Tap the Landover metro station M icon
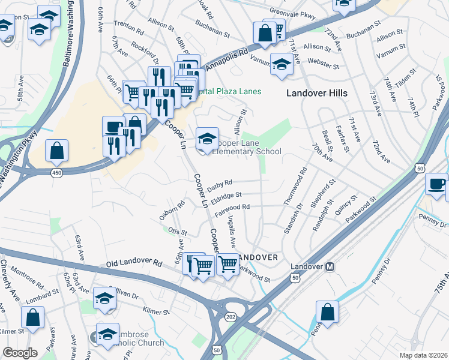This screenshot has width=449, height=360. [x=329, y=266]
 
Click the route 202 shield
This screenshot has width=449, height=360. [x=232, y=316]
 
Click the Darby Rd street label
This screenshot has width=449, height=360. [x=220, y=185]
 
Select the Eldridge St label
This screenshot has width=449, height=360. [x=227, y=196]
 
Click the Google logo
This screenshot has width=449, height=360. [x=20, y=353]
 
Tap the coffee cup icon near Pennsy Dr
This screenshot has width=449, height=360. [x=436, y=184]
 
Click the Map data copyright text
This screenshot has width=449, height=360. [x=423, y=355]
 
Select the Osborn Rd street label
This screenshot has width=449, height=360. [x=172, y=214]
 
